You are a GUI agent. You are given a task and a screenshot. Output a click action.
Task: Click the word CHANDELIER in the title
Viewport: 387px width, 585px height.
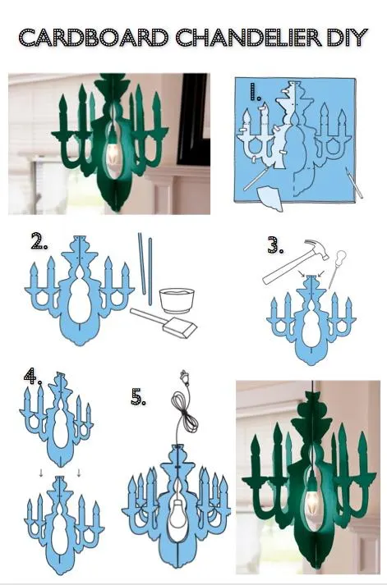248,38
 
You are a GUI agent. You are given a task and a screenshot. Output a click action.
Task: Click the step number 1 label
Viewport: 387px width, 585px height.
256,92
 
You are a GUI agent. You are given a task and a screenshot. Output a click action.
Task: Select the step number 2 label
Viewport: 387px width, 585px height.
39,241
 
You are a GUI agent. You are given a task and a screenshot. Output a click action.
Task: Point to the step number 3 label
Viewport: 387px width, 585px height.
275,245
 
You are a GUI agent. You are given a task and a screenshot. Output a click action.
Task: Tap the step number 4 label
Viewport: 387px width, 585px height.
33,376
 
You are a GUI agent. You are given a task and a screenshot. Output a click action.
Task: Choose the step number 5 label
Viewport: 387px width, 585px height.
138,396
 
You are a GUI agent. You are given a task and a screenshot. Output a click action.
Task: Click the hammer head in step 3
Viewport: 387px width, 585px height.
318,248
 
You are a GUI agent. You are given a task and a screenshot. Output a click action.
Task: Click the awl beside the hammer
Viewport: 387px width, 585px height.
337,267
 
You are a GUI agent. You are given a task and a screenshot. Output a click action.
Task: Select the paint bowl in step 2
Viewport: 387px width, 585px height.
177,301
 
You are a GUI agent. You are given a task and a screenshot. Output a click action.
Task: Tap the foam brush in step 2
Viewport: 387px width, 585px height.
164,322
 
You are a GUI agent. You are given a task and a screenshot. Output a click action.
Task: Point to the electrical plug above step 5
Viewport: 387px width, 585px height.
183,377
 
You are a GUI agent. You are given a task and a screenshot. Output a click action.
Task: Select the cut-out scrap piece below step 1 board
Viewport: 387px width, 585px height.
272,198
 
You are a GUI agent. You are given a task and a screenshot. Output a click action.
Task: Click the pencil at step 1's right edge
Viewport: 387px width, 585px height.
354,183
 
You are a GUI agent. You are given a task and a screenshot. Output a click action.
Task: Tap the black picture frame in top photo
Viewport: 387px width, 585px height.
193,120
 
